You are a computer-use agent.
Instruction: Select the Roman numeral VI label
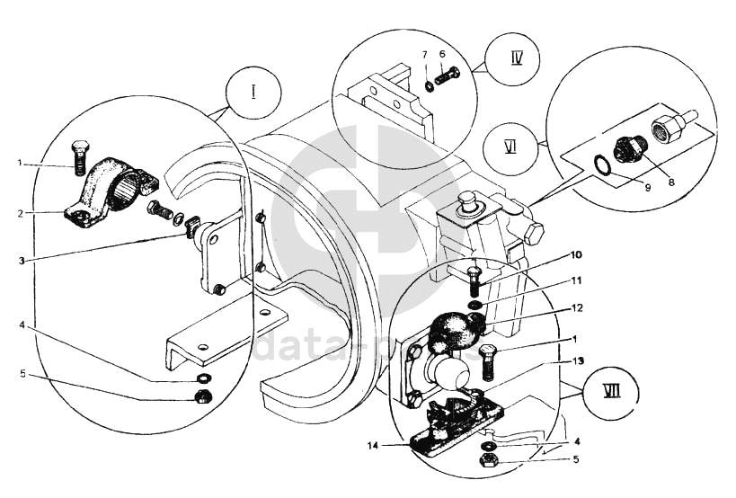[510, 147]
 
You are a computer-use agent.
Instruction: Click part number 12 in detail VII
[577, 307]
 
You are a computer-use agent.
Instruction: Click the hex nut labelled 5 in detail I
[203, 396]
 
